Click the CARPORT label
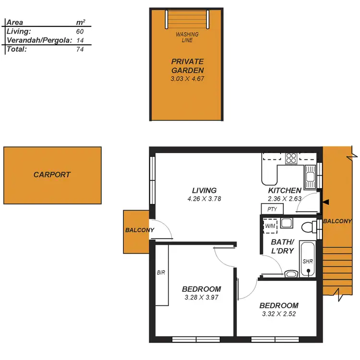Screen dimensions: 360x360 tap(52, 175)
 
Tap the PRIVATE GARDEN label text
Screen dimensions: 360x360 tap(187, 66)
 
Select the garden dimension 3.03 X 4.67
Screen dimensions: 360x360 tap(187, 78)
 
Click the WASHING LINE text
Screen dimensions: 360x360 tap(187, 37)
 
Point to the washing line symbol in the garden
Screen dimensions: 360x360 tap(187, 20)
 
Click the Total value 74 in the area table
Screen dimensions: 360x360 tap(80, 49)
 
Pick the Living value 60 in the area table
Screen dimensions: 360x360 tap(80, 31)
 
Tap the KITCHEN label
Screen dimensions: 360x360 tap(285, 191)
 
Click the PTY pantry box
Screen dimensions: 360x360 tap(272, 209)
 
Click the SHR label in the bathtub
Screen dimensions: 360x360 tap(308, 262)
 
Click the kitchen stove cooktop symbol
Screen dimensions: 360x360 tap(290, 158)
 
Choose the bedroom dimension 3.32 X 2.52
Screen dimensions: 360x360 tap(279, 314)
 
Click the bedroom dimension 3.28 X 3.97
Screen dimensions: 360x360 tap(202, 298)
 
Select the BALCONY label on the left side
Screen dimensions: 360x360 tap(139, 230)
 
